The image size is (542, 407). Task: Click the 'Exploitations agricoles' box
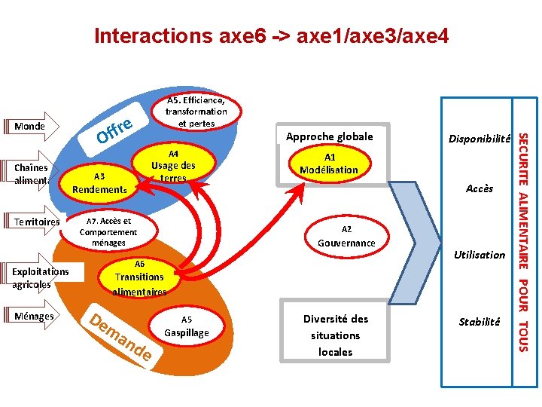tap(41, 278)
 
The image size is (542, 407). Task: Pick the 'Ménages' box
tap(35, 317)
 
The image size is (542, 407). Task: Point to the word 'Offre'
tap(115, 130)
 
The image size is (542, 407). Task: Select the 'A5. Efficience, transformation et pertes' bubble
tap(196, 112)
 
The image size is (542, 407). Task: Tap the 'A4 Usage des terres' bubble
tap(173, 165)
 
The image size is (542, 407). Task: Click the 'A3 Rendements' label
tap(99, 183)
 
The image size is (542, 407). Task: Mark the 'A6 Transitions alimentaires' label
tap(139, 277)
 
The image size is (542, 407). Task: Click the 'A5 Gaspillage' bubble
tap(186, 326)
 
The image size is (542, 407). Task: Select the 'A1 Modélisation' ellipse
tap(329, 164)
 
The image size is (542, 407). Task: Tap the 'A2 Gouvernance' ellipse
tap(346, 236)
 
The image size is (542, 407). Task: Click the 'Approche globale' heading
tap(329, 136)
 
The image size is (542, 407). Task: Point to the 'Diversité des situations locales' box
tap(335, 335)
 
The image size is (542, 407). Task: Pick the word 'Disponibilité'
tap(480, 139)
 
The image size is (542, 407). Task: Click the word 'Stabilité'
tap(480, 322)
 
